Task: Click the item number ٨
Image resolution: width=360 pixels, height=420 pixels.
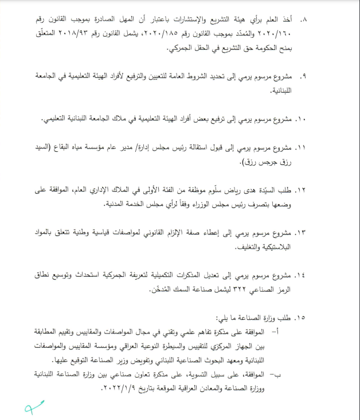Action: pos(304,19)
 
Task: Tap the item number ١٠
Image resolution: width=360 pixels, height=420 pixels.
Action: pos(302,119)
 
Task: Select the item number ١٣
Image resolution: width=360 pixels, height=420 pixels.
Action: pos(302,233)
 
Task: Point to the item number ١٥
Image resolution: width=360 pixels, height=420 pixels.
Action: pos(302,317)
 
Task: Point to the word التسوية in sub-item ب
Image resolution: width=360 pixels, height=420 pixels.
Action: pos(211,374)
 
